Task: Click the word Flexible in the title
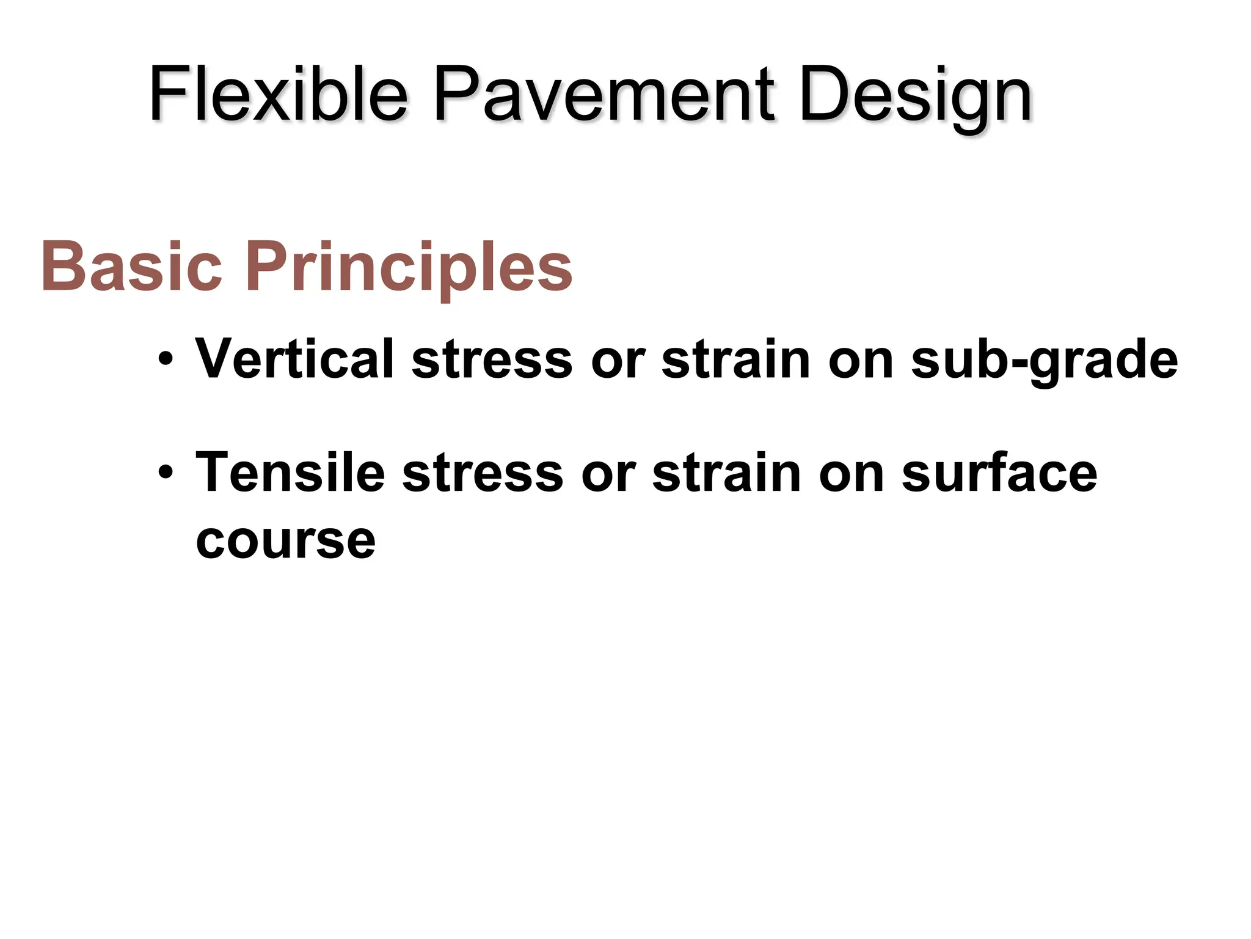278,95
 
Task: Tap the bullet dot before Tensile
164,473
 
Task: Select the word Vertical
294,359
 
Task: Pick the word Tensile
290,473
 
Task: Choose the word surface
999,473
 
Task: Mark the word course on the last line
285,540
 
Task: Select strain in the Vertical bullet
735,359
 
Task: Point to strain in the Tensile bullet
726,473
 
